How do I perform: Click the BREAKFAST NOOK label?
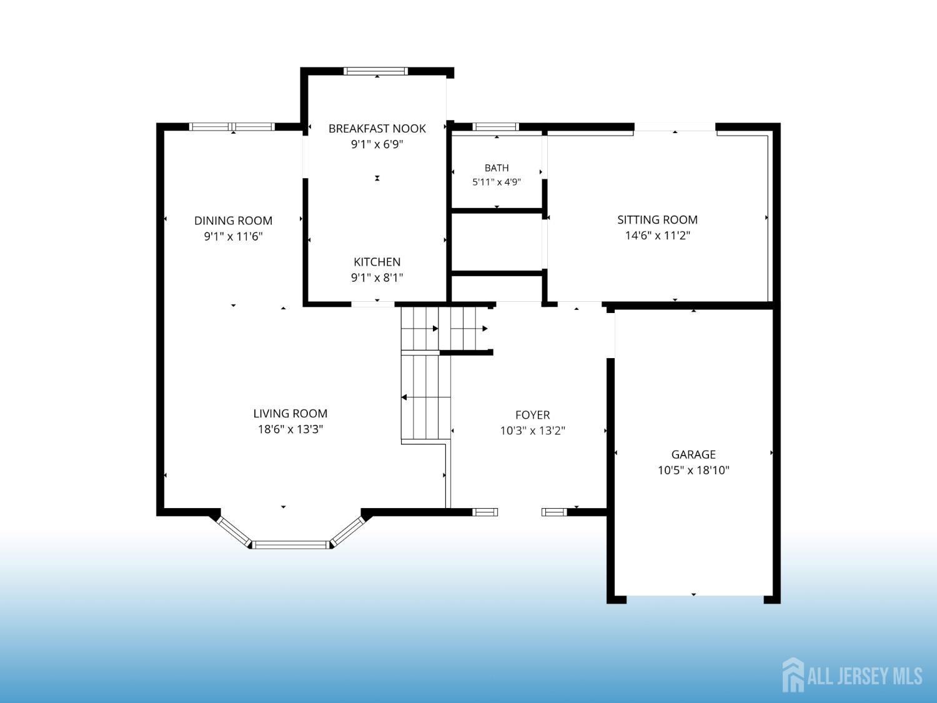pyautogui.click(x=377, y=129)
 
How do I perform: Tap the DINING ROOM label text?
pyautogui.click(x=233, y=221)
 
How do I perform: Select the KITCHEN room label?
pyautogui.click(x=377, y=262)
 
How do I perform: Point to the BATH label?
pyautogui.click(x=497, y=167)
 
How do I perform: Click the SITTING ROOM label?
pyautogui.click(x=657, y=220)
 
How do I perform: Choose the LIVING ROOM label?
pyautogui.click(x=290, y=413)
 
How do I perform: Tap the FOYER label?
pyautogui.click(x=532, y=415)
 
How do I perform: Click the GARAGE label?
pyautogui.click(x=693, y=454)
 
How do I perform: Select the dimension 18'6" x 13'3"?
pyautogui.click(x=290, y=429)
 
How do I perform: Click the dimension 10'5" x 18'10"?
pyautogui.click(x=693, y=470)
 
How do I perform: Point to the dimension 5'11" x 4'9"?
pyautogui.click(x=497, y=182)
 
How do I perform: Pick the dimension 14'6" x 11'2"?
pyautogui.click(x=657, y=235)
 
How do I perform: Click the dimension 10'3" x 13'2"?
pyautogui.click(x=532, y=431)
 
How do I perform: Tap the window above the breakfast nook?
pyautogui.click(x=375, y=71)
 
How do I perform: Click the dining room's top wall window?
pyautogui.click(x=232, y=126)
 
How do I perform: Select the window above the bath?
pyautogui.click(x=495, y=126)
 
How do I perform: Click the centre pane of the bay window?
pyautogui.click(x=290, y=545)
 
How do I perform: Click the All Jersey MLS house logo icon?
pyautogui.click(x=793, y=675)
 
